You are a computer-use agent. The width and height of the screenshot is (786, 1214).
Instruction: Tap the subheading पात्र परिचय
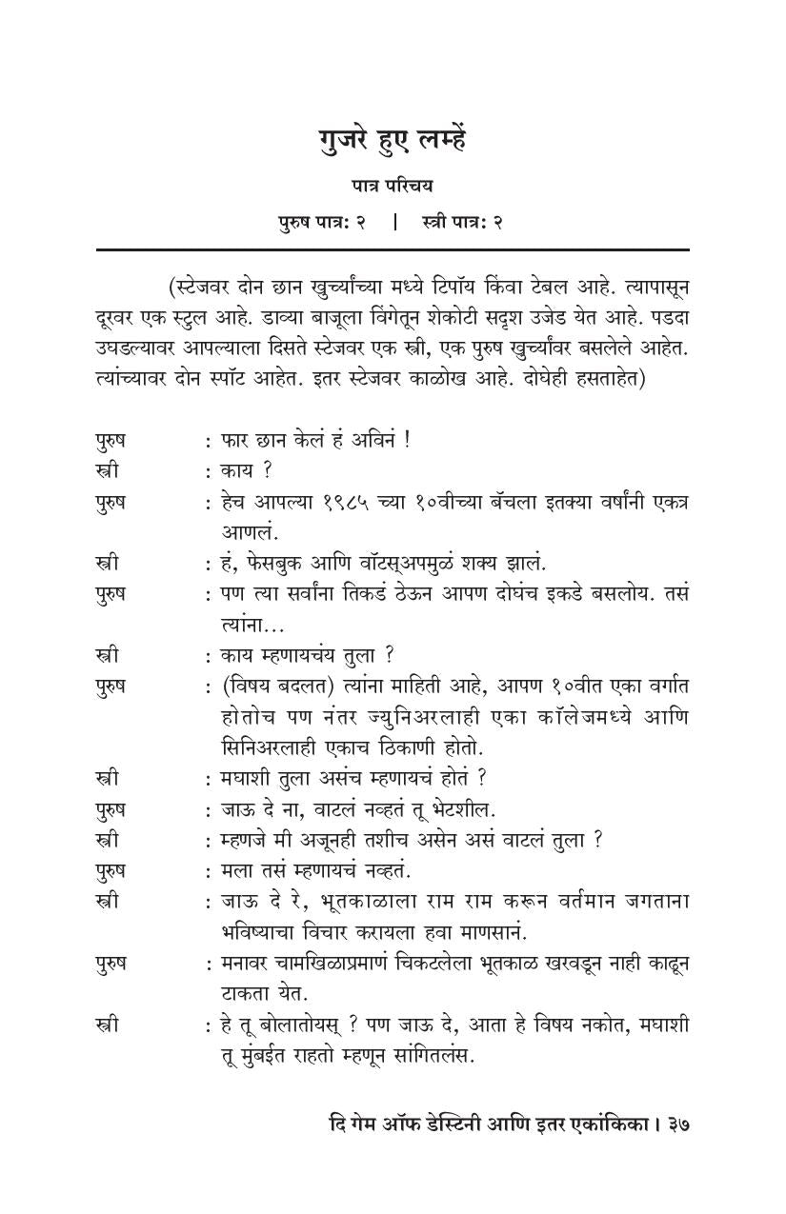click(x=392, y=187)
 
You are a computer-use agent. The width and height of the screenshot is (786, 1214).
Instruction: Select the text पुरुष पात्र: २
click(x=322, y=222)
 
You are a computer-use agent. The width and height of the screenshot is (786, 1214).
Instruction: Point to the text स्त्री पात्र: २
click(x=461, y=222)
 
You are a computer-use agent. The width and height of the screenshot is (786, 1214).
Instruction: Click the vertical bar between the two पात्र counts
click(x=394, y=222)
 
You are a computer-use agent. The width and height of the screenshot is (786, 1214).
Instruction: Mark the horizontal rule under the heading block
click(x=392, y=249)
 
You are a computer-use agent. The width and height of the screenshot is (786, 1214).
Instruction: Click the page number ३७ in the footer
click(x=676, y=1124)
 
